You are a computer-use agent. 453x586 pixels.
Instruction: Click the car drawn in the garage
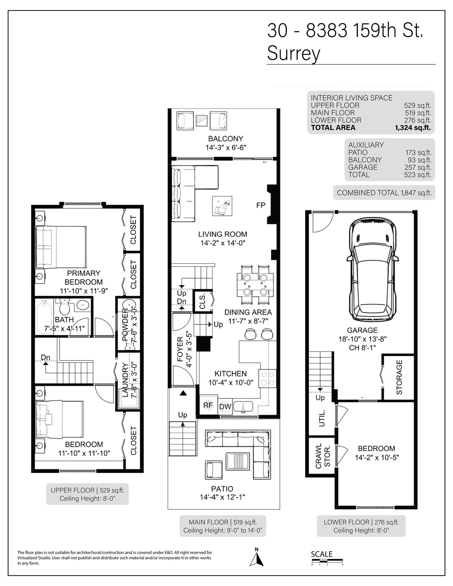coord(373,269)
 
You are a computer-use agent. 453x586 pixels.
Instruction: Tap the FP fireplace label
coord(261,205)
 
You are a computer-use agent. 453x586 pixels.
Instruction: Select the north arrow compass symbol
coord(257,557)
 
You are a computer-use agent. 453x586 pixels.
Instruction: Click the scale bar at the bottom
coord(327,561)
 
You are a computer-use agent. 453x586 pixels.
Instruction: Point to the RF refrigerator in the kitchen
coord(208,405)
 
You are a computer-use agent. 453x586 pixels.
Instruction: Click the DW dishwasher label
coord(225,407)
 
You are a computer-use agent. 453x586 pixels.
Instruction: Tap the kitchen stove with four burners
coord(267,378)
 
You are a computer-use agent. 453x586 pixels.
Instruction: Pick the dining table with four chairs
coord(255,285)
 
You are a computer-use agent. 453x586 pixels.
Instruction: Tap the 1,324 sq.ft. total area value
coord(413,128)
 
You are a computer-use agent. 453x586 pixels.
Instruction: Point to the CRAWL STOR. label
coord(322,456)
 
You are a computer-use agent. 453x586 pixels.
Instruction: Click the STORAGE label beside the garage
coord(399,377)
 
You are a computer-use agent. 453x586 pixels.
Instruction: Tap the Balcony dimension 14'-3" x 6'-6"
coord(226,148)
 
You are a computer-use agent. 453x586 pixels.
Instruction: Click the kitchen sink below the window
coord(243,406)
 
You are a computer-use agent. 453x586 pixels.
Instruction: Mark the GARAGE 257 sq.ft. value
coord(418,167)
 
